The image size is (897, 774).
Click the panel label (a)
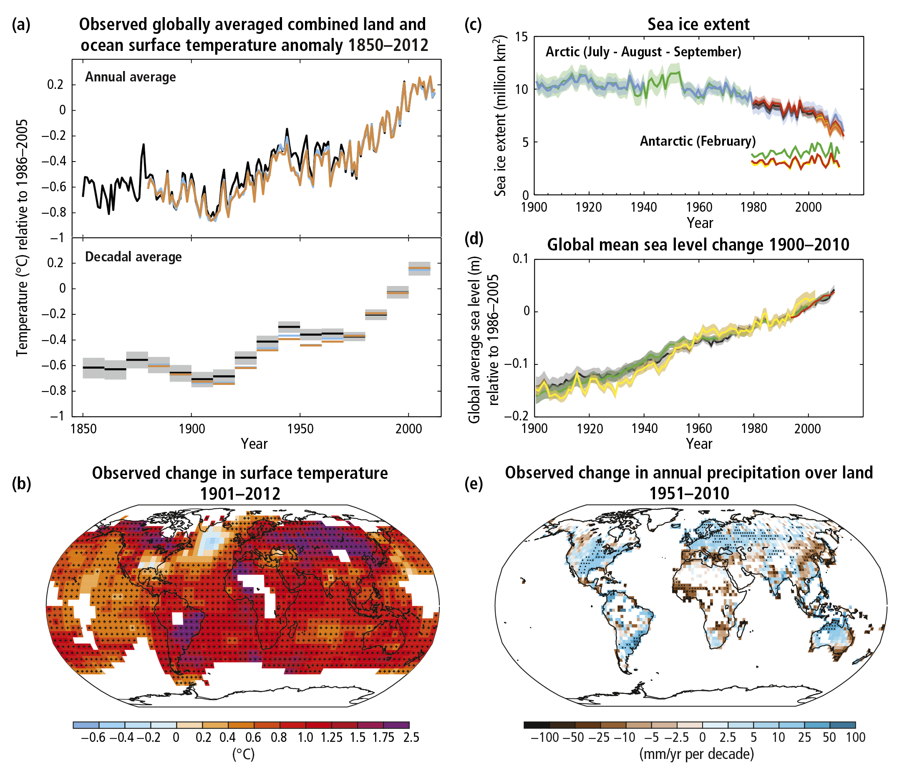pos(21,25)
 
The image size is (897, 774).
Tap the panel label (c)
pos(473,25)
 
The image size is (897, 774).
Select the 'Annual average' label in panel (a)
pos(130,77)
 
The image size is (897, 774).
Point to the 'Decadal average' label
pos(133,257)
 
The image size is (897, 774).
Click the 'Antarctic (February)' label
pos(698,141)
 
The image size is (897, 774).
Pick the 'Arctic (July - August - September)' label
pos(643,52)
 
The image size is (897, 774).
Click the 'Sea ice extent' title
pos(698,24)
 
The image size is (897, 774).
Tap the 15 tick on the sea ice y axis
pos(522,37)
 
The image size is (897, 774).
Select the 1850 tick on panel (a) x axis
pos(83,429)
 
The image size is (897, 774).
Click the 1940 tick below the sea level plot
pos(644,428)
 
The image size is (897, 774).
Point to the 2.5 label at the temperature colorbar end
pos(411,738)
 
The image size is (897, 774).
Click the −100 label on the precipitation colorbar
pos(545,738)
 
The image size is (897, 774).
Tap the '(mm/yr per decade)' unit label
pos(697,754)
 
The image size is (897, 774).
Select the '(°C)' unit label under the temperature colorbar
pos(243,754)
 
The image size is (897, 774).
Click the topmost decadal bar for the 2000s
pos(419,268)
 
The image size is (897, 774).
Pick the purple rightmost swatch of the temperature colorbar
pos(396,725)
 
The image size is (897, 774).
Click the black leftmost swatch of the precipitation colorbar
pos(537,725)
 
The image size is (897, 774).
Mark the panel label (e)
pos(473,483)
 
